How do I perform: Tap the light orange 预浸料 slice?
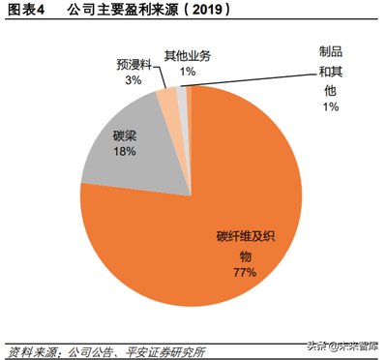pos(167,103)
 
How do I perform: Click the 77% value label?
pos(243,273)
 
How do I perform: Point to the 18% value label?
pos(122,152)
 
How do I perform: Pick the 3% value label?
pos(133,81)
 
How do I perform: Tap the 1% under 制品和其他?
pos(331,106)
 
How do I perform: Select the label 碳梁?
pos(122,136)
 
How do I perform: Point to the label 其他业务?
pos(187,57)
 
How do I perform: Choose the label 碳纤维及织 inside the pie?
pos(243,237)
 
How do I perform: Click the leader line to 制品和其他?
pos(252,76)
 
